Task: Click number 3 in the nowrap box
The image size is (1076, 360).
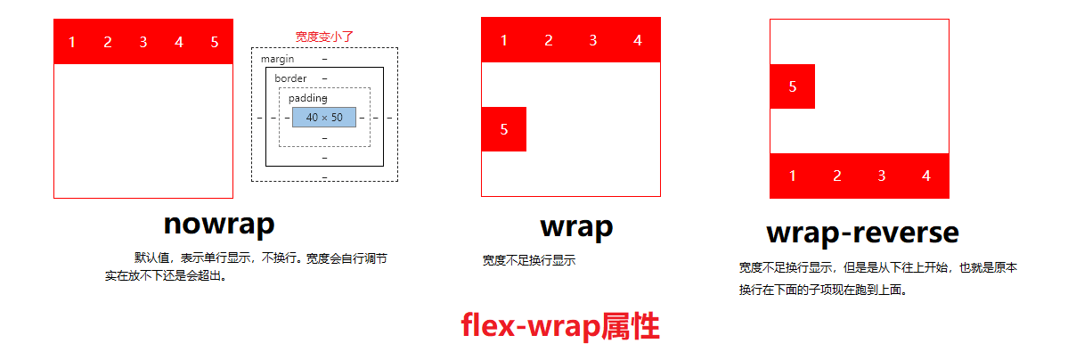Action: (x=143, y=42)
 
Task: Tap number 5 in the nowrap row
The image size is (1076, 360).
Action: (x=215, y=42)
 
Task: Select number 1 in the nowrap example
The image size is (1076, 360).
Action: (x=72, y=42)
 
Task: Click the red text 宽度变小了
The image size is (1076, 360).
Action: (x=325, y=37)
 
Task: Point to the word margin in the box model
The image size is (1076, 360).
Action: (x=277, y=59)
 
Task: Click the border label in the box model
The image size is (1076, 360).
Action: (x=290, y=78)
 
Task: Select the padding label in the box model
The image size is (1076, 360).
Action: (x=308, y=98)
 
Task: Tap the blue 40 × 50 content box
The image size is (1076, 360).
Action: (x=324, y=117)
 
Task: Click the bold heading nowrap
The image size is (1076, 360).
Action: (x=218, y=223)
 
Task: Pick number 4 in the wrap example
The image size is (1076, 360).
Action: (x=637, y=40)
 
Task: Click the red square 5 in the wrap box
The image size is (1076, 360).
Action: (x=504, y=129)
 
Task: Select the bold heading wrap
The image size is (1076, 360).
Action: (x=576, y=226)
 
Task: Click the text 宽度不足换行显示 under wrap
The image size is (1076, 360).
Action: (x=529, y=260)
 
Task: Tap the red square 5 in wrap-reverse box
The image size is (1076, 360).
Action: (x=793, y=86)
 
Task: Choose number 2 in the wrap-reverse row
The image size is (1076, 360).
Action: (x=837, y=176)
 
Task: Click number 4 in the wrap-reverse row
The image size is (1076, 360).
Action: (x=926, y=176)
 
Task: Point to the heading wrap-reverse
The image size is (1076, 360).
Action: (x=862, y=233)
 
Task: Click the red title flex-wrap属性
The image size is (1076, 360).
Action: (x=560, y=326)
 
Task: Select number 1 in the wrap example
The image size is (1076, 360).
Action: (x=504, y=40)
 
